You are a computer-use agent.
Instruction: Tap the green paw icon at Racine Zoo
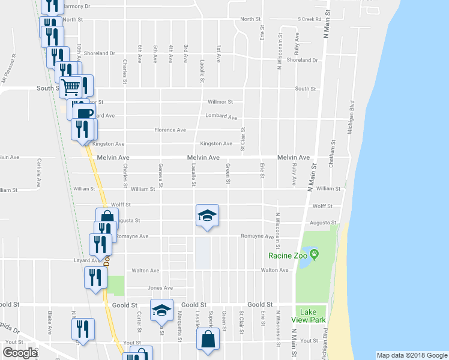click(x=313, y=255)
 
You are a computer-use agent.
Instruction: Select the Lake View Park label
click(x=310, y=315)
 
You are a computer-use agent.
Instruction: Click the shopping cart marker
click(x=71, y=88)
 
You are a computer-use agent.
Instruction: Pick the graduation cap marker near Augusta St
click(x=207, y=216)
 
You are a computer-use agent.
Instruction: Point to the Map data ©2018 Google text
click(x=411, y=355)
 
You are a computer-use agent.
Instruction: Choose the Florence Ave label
click(x=170, y=130)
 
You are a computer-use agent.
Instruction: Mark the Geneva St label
click(x=160, y=173)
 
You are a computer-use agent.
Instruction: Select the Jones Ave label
click(x=160, y=288)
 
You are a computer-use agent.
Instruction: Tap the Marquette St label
click(x=179, y=323)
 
